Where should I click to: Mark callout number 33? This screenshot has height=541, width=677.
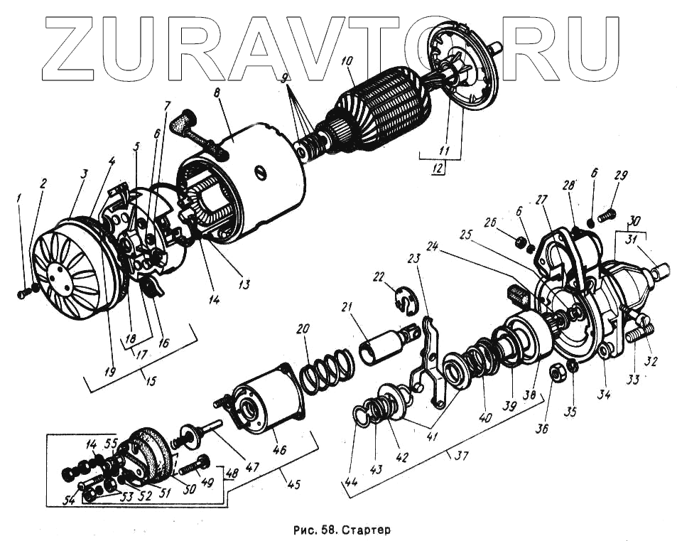pyautogui.click(x=632, y=379)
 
